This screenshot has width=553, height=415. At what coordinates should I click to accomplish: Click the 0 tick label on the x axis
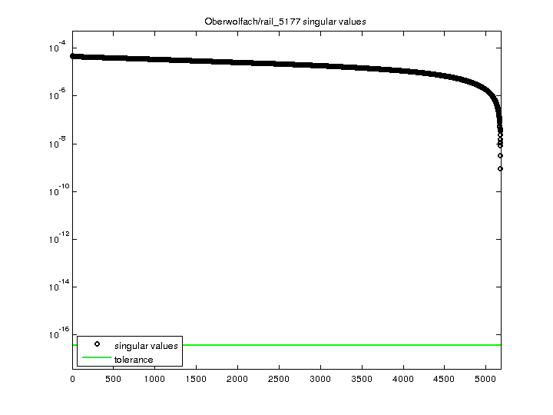72,379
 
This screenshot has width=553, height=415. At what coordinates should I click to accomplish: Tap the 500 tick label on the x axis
114,379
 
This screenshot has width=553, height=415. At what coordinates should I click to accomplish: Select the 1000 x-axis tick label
155,379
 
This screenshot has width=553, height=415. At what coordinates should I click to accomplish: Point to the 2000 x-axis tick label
238,379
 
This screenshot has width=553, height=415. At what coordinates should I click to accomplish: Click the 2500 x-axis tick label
280,379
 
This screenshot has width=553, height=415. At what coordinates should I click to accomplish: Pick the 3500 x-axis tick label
362,379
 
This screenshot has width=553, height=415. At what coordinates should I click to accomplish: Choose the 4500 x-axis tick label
445,379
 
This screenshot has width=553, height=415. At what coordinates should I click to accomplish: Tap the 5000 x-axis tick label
486,379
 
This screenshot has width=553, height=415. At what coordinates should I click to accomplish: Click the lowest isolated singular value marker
500,168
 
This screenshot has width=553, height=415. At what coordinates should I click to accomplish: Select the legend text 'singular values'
146,346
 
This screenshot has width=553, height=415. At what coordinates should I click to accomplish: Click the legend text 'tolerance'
134,360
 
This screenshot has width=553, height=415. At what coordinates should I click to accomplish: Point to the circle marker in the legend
97,345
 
